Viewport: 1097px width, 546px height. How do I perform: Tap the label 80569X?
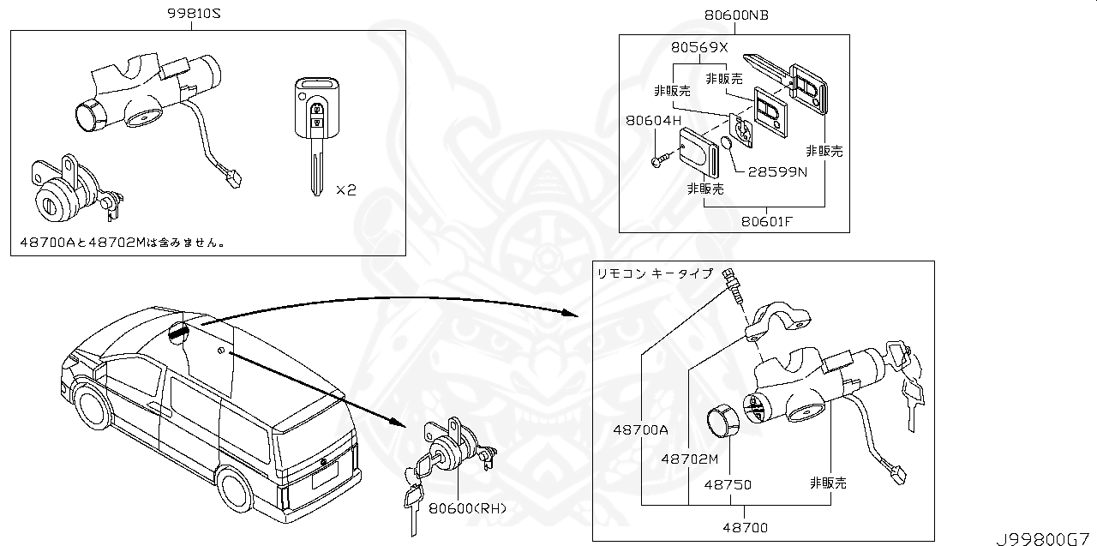[698, 48]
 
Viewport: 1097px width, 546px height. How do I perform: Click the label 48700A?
[640, 430]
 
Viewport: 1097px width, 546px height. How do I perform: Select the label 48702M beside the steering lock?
[689, 459]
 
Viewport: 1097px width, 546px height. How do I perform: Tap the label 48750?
[728, 484]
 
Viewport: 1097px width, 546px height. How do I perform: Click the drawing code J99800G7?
[1045, 538]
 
